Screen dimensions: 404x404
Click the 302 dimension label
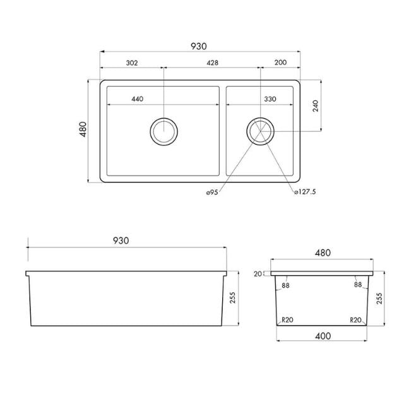click(132, 63)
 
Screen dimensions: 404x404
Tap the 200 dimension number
click(281, 63)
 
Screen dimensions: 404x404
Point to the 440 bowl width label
click(138, 99)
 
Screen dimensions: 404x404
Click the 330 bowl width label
click(270, 99)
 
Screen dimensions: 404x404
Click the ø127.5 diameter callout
click(305, 193)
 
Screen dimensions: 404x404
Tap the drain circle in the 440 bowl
click(164, 131)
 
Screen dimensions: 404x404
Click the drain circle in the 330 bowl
click(260, 131)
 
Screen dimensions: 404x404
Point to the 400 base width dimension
click(323, 336)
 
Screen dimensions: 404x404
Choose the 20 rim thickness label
click(257, 274)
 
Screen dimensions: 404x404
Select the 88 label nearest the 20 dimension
click(286, 285)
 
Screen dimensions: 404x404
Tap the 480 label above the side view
click(323, 252)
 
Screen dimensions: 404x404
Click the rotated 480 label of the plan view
click(83, 131)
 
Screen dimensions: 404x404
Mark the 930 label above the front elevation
click(121, 241)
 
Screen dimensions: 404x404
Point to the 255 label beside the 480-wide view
click(379, 299)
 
